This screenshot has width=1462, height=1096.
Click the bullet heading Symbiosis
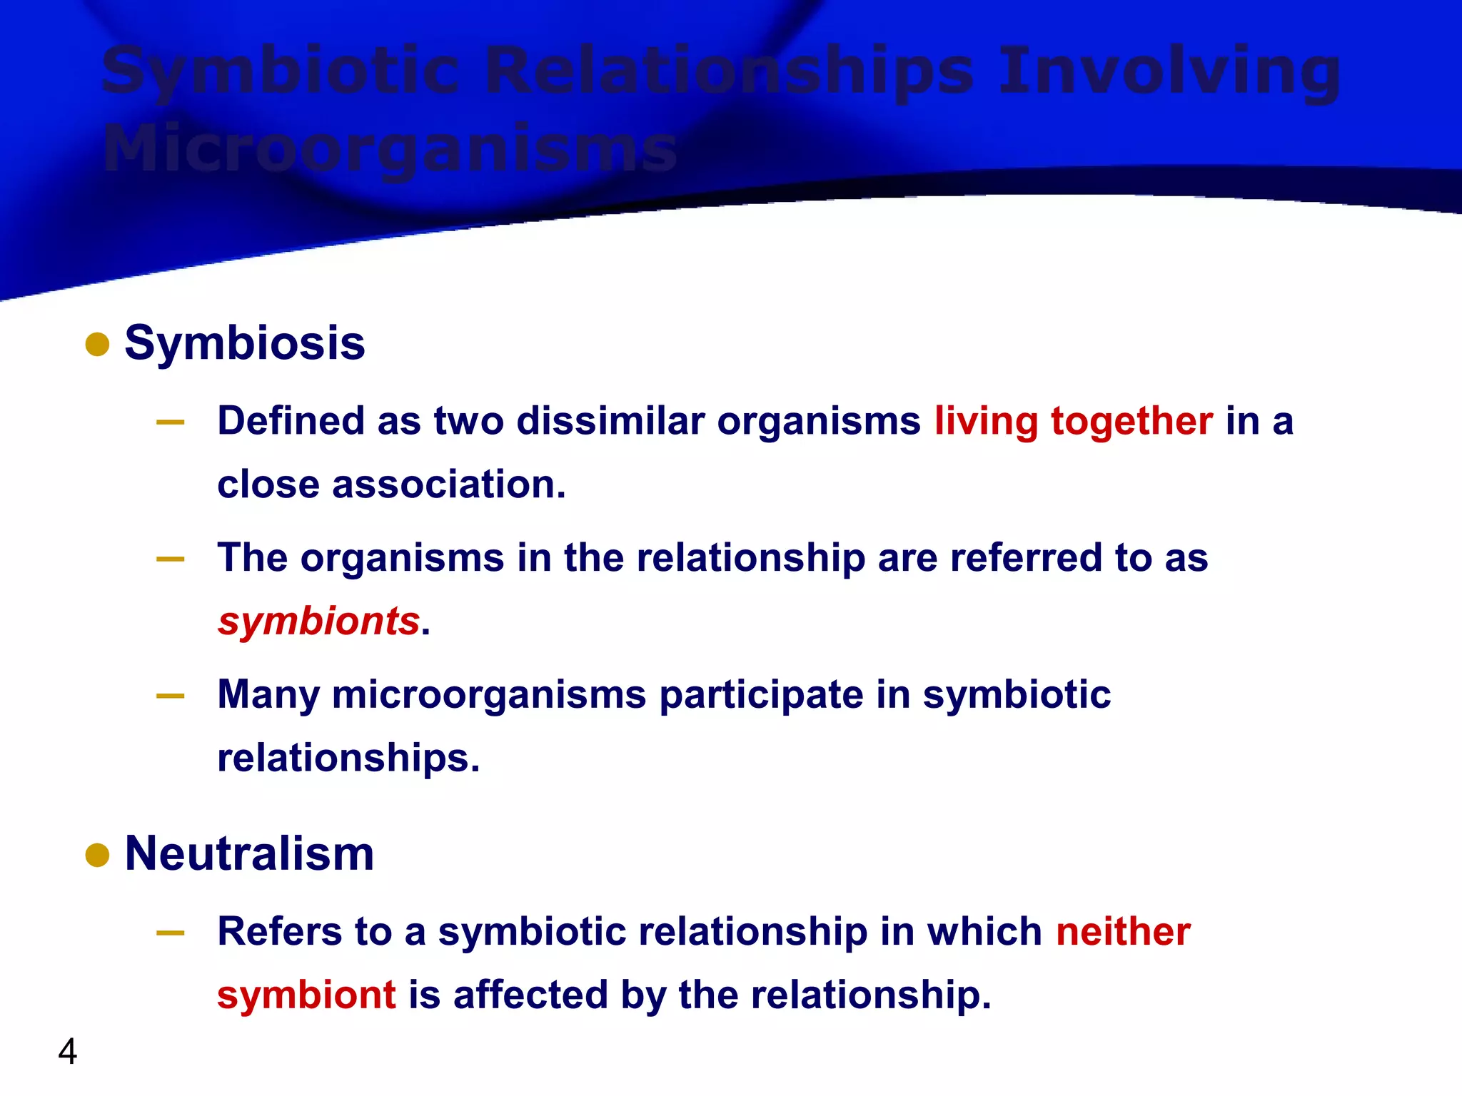tap(244, 343)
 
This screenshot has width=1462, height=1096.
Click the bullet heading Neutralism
tap(249, 853)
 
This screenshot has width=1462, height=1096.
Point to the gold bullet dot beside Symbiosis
tap(97, 345)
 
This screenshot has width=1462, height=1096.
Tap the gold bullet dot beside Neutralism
tap(97, 855)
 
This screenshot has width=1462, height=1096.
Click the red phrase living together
tap(1074, 420)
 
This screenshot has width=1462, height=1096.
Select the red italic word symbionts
tap(318, 621)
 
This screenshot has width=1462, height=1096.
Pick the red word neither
tap(1123, 931)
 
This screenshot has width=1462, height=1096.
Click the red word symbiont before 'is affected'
tap(306, 995)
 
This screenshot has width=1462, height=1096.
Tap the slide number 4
tap(68, 1052)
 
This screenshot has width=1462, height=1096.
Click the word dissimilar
tap(610, 420)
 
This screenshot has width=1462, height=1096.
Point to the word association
tap(448, 484)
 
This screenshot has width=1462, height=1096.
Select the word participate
tap(761, 694)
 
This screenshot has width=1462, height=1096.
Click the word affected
tap(530, 995)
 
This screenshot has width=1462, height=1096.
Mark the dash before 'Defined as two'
tap(171, 422)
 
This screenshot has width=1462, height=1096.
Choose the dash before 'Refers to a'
tap(171, 933)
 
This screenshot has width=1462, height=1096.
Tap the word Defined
tap(291, 420)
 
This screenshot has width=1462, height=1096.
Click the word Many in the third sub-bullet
tap(268, 694)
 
